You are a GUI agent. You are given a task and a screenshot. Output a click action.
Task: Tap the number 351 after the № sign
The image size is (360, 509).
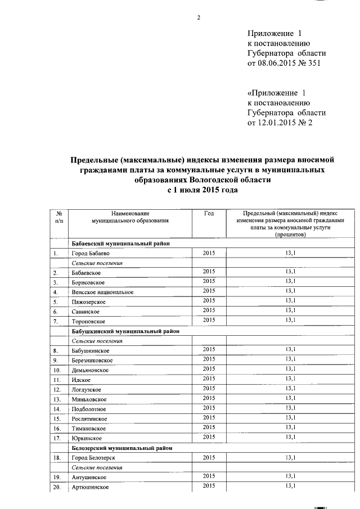tap(317, 64)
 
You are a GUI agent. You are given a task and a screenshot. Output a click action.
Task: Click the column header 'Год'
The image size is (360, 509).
tap(209, 213)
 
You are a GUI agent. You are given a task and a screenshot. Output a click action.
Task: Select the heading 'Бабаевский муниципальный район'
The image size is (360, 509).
tap(120, 244)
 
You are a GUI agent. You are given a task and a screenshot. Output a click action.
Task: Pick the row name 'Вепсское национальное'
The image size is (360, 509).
tap(102, 292)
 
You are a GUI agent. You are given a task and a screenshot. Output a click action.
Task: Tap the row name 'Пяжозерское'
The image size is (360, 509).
tap(89, 302)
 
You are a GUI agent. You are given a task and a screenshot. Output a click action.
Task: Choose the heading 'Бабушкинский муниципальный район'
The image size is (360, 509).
tap(125, 331)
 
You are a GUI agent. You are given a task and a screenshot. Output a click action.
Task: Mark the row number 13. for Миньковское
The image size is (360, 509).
tap(57, 399)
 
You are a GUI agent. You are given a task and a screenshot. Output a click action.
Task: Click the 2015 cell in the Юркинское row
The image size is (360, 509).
tap(209, 437)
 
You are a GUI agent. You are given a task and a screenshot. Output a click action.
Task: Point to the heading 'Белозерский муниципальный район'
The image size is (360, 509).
tap(122, 448)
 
